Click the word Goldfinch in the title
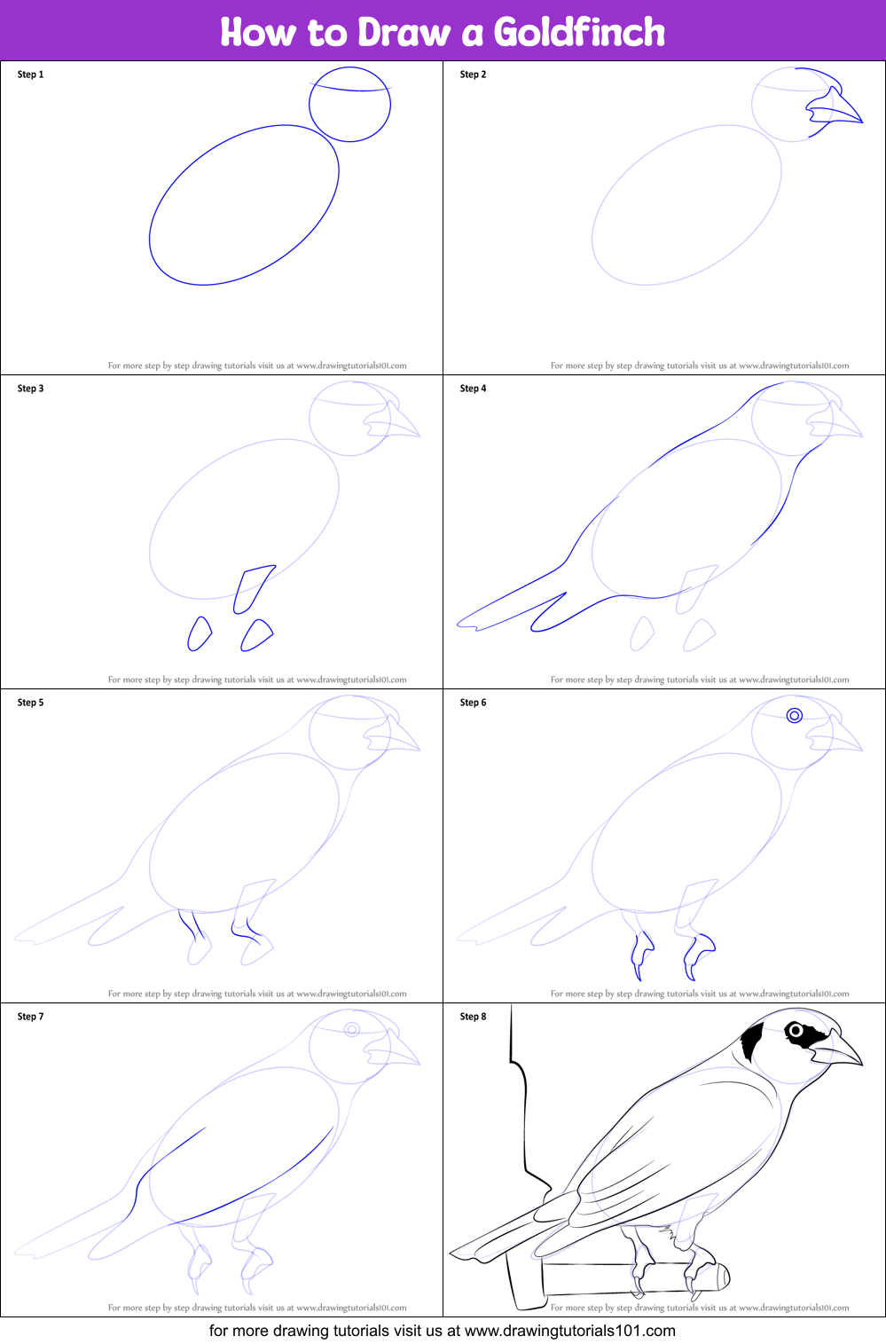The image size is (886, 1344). (x=579, y=32)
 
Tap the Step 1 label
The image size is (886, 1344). (x=30, y=75)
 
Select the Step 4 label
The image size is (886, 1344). (x=473, y=389)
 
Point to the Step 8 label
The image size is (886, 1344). (x=473, y=1017)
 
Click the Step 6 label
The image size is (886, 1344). (x=473, y=703)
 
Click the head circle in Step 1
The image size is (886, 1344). (x=310, y=105)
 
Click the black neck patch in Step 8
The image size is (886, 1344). (x=751, y=1041)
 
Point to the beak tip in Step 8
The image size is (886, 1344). (x=862, y=1065)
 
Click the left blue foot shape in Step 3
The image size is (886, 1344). (x=200, y=633)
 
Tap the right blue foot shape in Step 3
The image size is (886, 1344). (x=256, y=635)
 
